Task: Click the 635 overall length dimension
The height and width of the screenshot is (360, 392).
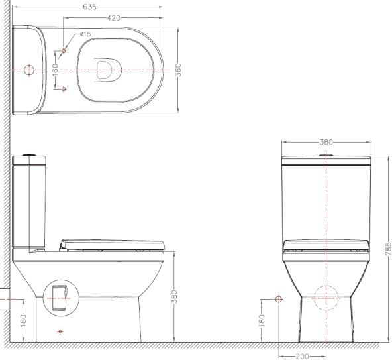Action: click(89, 7)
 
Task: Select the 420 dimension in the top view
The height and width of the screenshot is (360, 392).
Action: click(113, 18)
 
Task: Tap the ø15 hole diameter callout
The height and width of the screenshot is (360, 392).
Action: click(85, 34)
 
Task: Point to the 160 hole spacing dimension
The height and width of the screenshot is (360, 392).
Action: click(55, 70)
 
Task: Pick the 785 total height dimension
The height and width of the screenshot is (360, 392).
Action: click(388, 249)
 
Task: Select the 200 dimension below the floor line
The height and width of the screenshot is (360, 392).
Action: click(302, 356)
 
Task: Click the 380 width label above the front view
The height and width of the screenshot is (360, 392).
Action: click(326, 142)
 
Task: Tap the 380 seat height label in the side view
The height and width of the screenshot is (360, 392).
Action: click(174, 296)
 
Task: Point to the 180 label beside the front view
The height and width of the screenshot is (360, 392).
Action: click(262, 321)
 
